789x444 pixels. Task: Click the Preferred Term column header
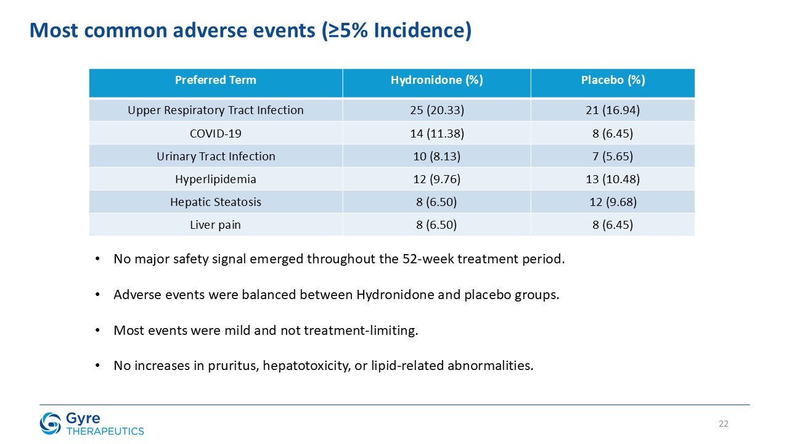pyautogui.click(x=216, y=80)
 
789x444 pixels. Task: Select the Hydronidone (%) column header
pyautogui.click(x=437, y=80)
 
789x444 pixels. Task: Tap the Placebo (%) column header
pyautogui.click(x=613, y=80)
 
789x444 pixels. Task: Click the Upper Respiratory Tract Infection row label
pyautogui.click(x=216, y=110)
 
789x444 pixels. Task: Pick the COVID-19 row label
pyautogui.click(x=216, y=134)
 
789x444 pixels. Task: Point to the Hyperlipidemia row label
pyautogui.click(x=216, y=179)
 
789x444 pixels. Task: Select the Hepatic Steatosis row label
pyautogui.click(x=216, y=202)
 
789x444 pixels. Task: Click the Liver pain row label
pyautogui.click(x=216, y=225)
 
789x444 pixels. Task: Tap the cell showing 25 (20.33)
pyautogui.click(x=437, y=110)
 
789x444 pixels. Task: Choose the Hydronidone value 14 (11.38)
pyautogui.click(x=437, y=134)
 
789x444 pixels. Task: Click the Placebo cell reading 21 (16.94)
pyautogui.click(x=613, y=110)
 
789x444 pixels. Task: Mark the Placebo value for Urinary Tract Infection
pyautogui.click(x=613, y=156)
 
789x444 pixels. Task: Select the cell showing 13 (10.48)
pyautogui.click(x=613, y=179)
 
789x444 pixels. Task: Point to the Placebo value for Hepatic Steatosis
pyautogui.click(x=613, y=202)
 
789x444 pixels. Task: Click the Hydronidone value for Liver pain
pyautogui.click(x=437, y=225)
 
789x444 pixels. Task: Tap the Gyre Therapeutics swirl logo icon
pyautogui.click(x=51, y=423)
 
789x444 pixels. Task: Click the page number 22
pyautogui.click(x=724, y=424)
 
